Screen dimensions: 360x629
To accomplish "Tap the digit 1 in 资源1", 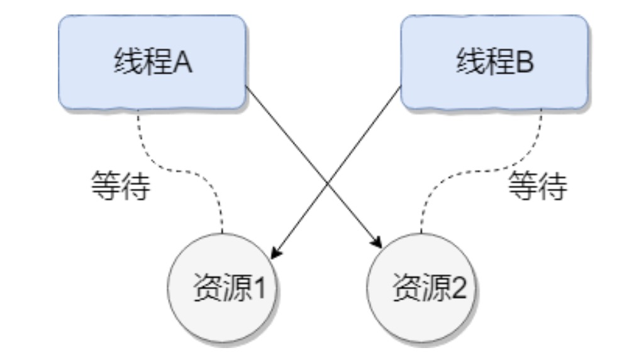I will click(x=259, y=289).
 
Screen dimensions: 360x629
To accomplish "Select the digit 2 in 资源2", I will click(x=457, y=289).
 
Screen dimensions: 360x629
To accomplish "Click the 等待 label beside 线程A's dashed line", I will click(x=120, y=185).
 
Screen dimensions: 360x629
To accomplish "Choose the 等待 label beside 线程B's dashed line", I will click(x=538, y=185).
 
